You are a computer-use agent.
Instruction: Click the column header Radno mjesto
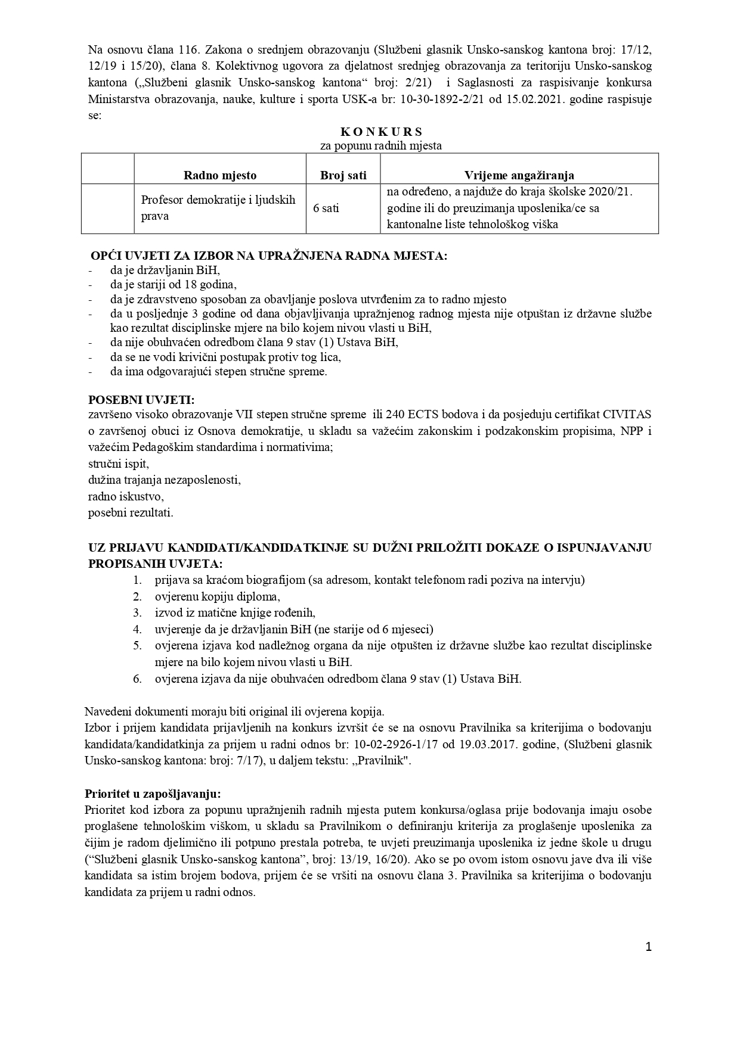(219, 175)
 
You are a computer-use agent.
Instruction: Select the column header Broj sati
(343, 175)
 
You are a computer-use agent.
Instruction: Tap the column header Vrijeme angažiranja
(519, 175)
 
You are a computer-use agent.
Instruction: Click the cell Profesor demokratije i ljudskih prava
(218, 208)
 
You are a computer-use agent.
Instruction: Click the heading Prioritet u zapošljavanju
(154, 794)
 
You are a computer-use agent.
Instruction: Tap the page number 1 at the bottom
(649, 947)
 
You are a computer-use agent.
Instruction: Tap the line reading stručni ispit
(118, 463)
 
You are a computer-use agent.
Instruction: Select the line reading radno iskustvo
(126, 496)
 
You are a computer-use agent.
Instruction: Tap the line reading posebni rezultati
(131, 512)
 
